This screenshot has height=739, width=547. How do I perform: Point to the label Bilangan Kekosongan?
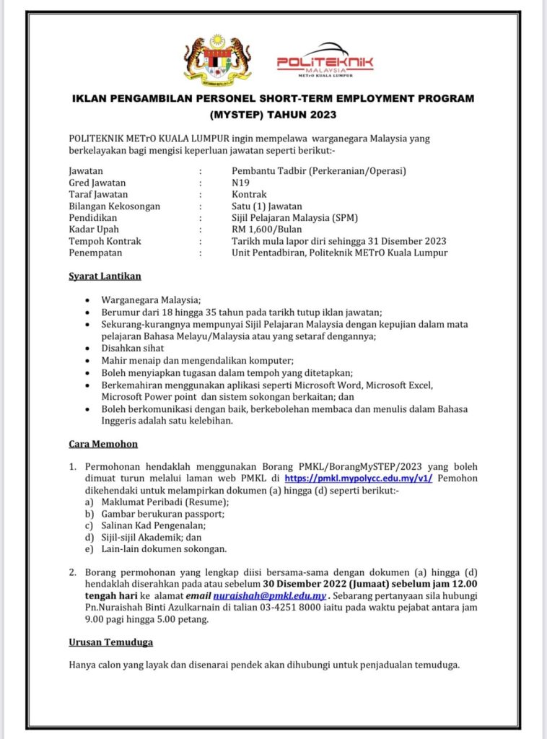click(114, 206)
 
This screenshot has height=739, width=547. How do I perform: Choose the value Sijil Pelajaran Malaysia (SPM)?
click(295, 218)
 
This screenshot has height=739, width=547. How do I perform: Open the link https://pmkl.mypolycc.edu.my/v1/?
click(359, 478)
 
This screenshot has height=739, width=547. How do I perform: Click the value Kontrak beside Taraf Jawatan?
click(249, 195)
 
